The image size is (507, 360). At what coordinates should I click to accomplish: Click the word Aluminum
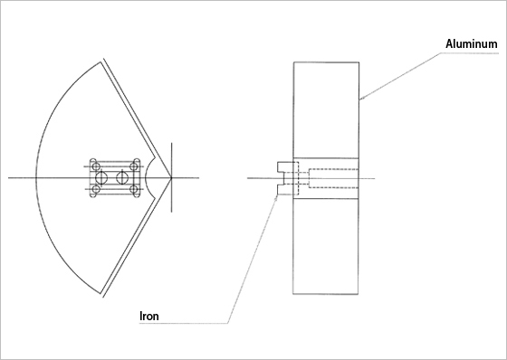pyautogui.click(x=472, y=43)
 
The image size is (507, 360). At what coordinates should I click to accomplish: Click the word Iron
pyautogui.click(x=149, y=316)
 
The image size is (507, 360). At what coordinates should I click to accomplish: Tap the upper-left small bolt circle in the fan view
pyautogui.click(x=96, y=166)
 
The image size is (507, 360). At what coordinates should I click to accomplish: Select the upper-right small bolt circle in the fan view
pyautogui.click(x=134, y=166)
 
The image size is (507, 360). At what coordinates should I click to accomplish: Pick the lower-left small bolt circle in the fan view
pyautogui.click(x=96, y=189)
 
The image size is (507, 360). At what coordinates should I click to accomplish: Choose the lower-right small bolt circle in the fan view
pyautogui.click(x=134, y=189)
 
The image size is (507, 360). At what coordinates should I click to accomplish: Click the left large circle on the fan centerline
pyautogui.click(x=101, y=177)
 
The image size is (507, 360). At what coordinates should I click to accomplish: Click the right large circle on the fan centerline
pyautogui.click(x=121, y=177)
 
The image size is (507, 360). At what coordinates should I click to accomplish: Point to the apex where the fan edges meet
pyautogui.click(x=171, y=177)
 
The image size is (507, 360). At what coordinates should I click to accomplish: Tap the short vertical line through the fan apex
pyautogui.click(x=171, y=177)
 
